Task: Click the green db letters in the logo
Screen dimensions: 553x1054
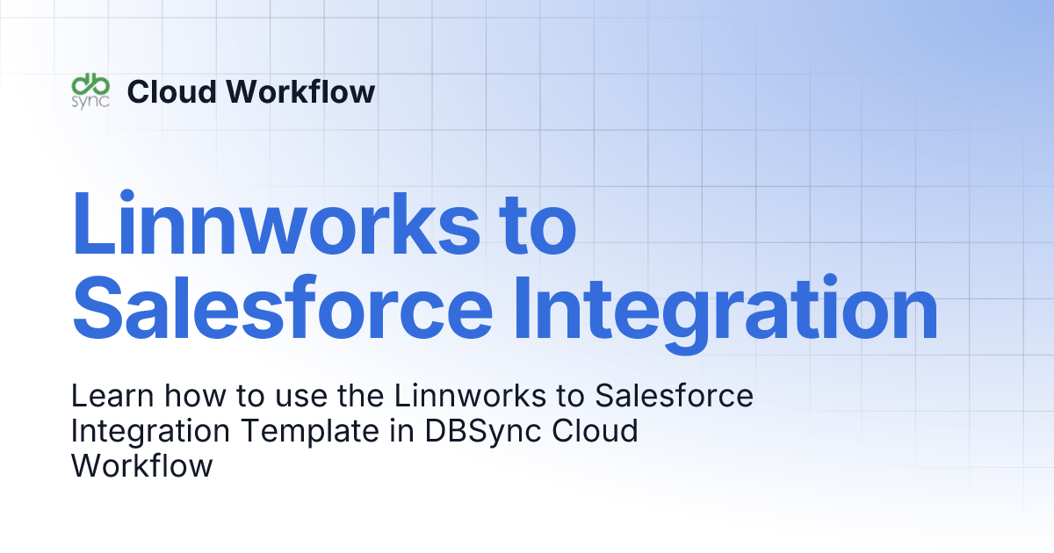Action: [x=90, y=83]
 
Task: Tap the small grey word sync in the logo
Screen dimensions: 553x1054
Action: [x=90, y=101]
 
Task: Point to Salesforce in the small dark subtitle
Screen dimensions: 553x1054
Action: [x=674, y=397]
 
